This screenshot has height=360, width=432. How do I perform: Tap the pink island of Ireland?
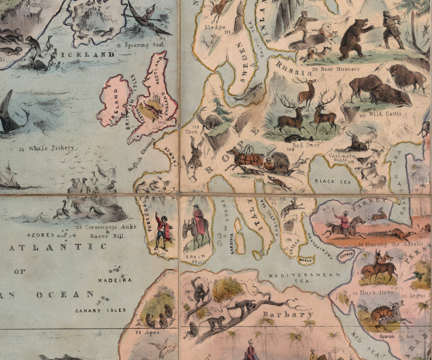tap(114, 100)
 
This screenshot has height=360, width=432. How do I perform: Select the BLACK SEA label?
tap(330, 181)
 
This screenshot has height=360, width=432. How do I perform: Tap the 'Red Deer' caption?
tap(306, 145)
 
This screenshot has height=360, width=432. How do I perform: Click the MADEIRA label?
tap(115, 280)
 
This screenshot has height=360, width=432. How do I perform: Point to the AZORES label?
tap(41, 235)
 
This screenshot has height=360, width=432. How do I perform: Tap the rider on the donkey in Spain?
tap(199, 222)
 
